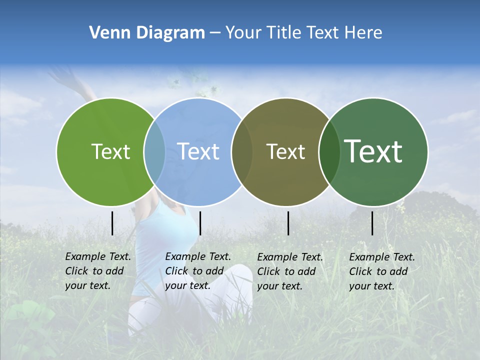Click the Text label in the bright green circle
click(110, 151)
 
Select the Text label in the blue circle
click(198, 151)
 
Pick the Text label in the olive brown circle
click(286, 151)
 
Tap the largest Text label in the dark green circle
click(373, 151)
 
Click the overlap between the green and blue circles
click(154, 151)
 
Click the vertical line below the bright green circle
click(112, 223)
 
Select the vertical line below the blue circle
click(200, 223)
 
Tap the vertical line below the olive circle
click(288, 223)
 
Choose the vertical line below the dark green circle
click(372, 223)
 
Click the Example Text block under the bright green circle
click(97, 271)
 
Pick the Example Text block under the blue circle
click(197, 271)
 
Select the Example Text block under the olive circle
click(289, 271)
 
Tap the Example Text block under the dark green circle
click(381, 271)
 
